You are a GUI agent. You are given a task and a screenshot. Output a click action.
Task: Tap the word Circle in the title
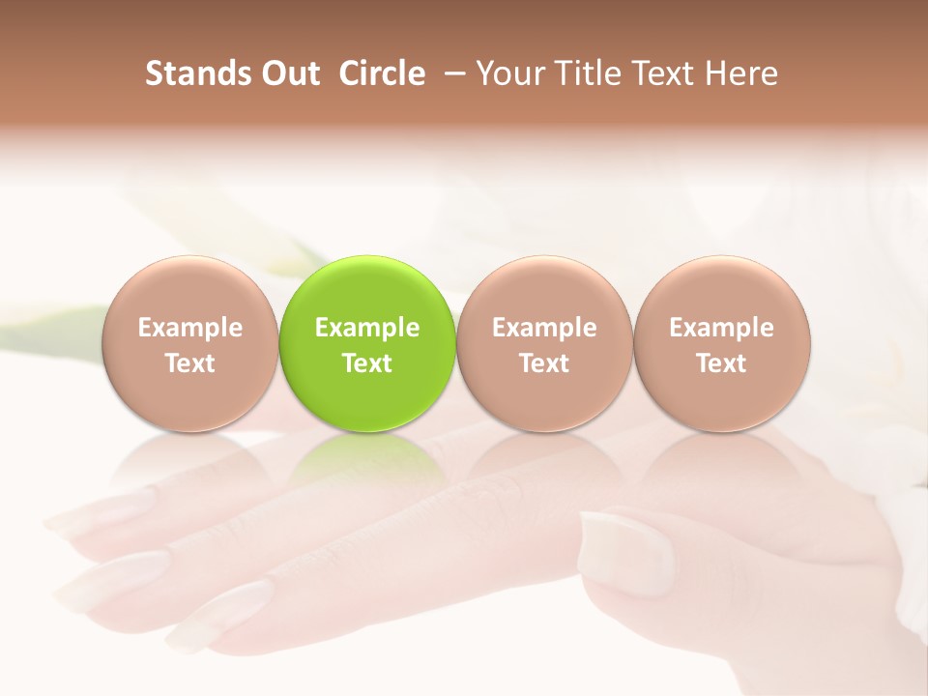tap(382, 73)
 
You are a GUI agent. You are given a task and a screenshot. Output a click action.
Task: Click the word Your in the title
tap(507, 73)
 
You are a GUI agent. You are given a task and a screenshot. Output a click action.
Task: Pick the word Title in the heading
tap(583, 73)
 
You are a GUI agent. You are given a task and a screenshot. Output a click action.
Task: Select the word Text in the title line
tap(663, 73)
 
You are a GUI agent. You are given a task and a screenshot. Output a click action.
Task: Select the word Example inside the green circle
tap(367, 328)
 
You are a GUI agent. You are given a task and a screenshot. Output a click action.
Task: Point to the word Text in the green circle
tap(367, 363)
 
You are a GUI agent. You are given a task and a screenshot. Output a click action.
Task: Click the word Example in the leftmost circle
tap(189, 328)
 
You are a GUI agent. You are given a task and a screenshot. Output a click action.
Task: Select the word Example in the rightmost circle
tap(721, 328)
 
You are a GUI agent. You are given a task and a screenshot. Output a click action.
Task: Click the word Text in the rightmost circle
tap(721, 363)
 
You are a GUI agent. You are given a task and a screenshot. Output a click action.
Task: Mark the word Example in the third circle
tap(544, 328)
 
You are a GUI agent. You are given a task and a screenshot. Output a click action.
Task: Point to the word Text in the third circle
tap(544, 363)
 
